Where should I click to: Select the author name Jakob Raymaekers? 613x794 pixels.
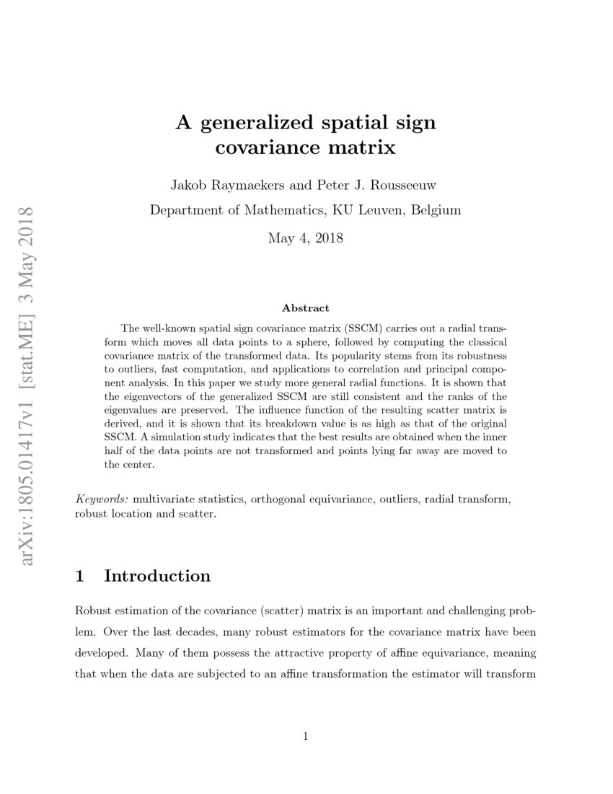(221, 186)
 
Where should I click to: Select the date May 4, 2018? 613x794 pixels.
(305, 237)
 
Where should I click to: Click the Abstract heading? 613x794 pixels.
(306, 308)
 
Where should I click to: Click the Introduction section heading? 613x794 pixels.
(157, 576)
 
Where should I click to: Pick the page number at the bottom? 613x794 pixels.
(306, 736)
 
